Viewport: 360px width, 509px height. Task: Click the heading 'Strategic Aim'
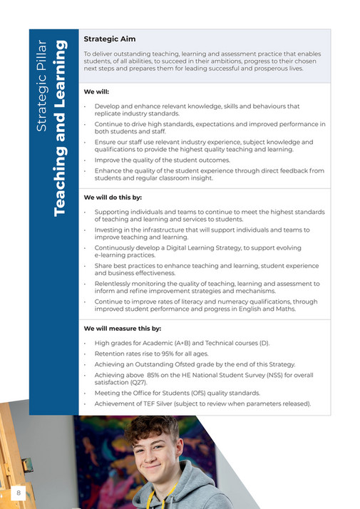pyautogui.click(x=109, y=38)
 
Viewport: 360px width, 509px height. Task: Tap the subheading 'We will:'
pyautogui.click(x=97, y=92)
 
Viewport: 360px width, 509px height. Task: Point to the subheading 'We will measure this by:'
pyautogui.click(x=123, y=329)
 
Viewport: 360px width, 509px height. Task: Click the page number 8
pyautogui.click(x=19, y=492)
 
